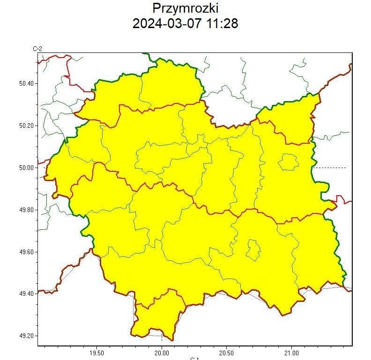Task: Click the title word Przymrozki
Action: tap(185, 8)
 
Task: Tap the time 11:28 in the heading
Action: tap(220, 23)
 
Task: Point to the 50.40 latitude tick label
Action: tap(26, 83)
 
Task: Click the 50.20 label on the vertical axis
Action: tap(26, 125)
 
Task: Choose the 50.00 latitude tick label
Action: tap(26, 168)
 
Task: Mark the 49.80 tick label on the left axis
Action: tap(26, 210)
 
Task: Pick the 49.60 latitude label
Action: tap(26, 252)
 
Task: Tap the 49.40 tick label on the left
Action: tap(26, 294)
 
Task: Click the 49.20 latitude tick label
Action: tap(26, 336)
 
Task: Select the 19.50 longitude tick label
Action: tap(96, 353)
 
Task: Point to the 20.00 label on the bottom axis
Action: tap(162, 353)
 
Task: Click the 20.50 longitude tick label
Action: tap(226, 353)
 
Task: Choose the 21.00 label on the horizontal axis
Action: tap(291, 353)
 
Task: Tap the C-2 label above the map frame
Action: tap(37, 49)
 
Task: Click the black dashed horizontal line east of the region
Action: tap(330, 168)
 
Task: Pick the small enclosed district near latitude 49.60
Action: tap(253, 250)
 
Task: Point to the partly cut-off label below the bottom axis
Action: tap(195, 358)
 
